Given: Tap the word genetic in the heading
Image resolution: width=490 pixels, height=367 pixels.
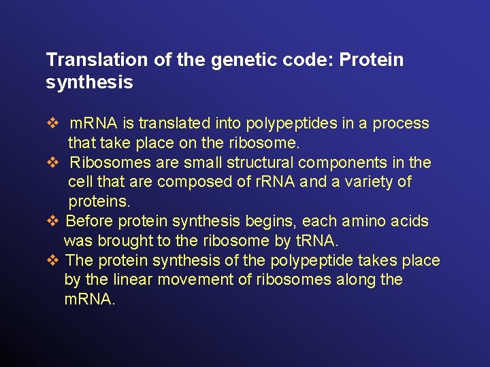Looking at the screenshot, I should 239,60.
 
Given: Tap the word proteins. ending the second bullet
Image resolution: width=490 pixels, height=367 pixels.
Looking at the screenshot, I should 99,202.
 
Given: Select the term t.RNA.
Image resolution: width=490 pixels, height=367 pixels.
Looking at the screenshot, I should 316,241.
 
